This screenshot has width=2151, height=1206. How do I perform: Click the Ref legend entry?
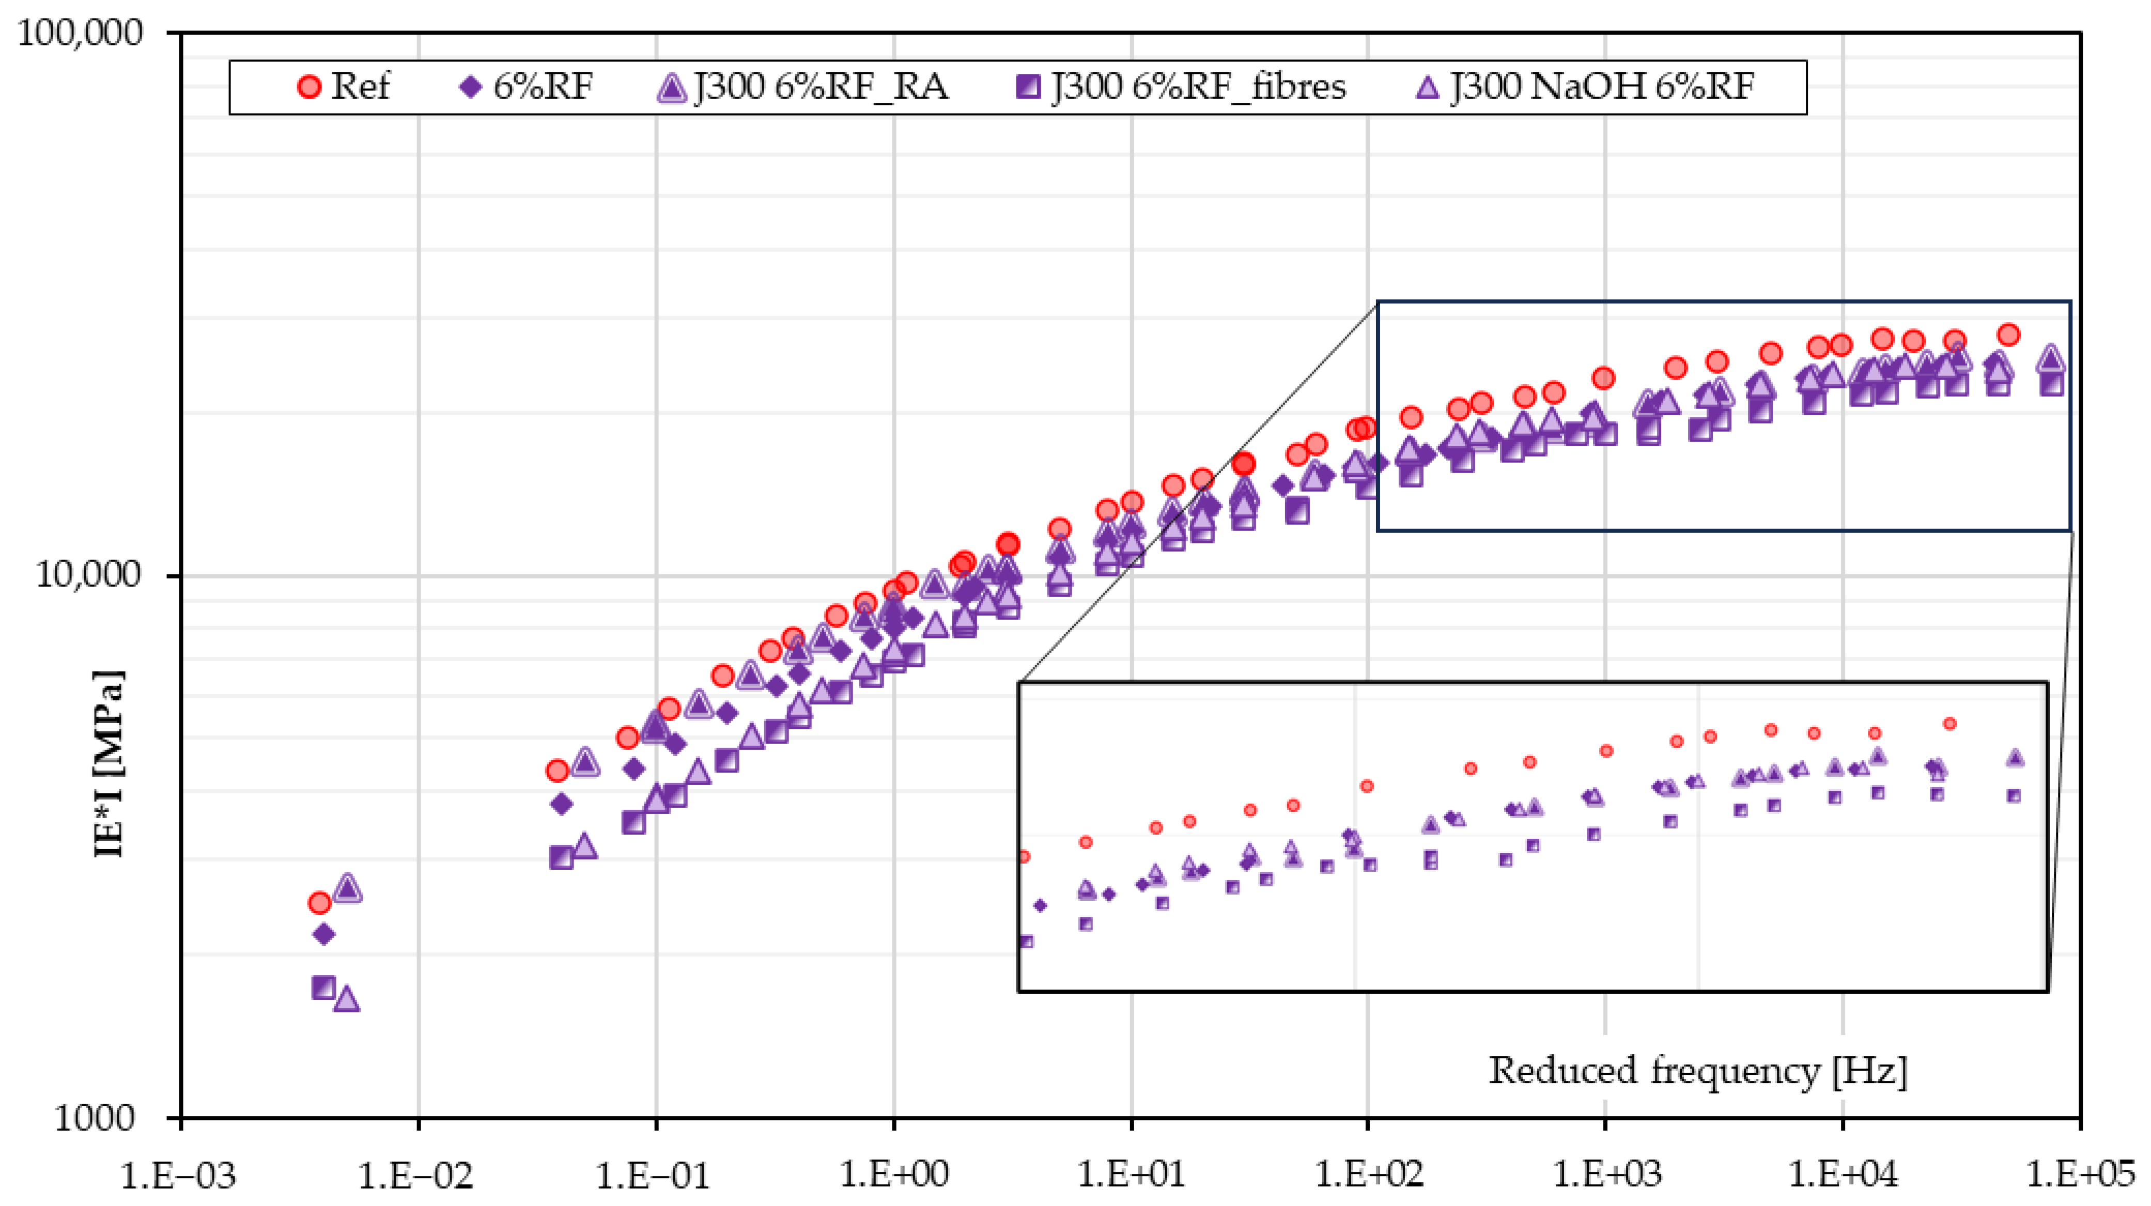point(344,86)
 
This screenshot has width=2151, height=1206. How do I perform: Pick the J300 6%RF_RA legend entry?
point(803,86)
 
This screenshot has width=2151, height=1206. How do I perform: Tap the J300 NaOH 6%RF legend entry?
point(1587,86)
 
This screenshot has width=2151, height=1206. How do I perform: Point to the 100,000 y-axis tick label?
point(80,34)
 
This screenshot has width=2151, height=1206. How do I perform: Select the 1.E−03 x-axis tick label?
point(179,1175)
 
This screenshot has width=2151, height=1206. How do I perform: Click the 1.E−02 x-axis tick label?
point(416,1175)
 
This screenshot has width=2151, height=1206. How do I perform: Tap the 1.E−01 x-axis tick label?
point(653,1175)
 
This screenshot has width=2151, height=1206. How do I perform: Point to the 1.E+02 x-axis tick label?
point(1368,1175)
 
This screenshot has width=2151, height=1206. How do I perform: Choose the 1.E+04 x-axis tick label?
point(1842,1175)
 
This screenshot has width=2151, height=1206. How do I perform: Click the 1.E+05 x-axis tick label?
point(2079,1175)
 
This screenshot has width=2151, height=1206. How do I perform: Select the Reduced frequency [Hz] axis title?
point(1697,1071)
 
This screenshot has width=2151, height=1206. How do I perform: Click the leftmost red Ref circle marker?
point(319,903)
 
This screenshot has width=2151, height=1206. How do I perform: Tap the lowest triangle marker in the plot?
point(347,998)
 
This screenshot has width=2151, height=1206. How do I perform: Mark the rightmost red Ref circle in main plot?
point(2008,335)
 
